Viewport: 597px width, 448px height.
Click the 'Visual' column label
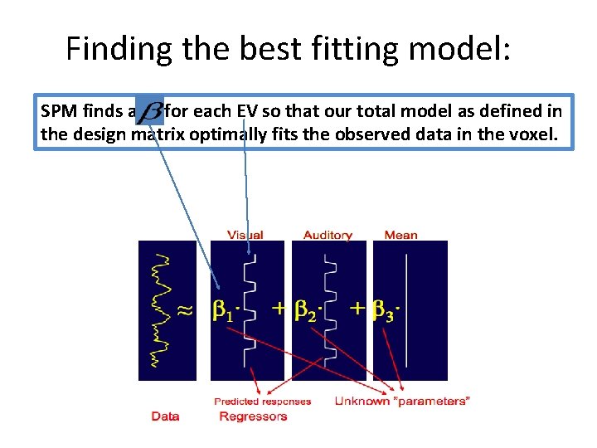pyautogui.click(x=245, y=235)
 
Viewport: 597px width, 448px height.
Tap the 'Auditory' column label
pyautogui.click(x=328, y=235)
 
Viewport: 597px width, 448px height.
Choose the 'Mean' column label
pyautogui.click(x=400, y=235)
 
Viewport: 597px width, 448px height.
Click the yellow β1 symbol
pyautogui.click(x=225, y=311)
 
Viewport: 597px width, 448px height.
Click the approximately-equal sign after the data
pyautogui.click(x=187, y=310)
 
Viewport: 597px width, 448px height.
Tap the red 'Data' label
pyautogui.click(x=165, y=416)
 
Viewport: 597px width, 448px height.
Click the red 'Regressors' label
pyautogui.click(x=253, y=416)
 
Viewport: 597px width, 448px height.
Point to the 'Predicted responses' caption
pyautogui.click(x=262, y=402)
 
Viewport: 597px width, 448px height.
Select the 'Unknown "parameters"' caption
pyautogui.click(x=402, y=402)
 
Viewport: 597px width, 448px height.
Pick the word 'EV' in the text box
pyautogui.click(x=248, y=111)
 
